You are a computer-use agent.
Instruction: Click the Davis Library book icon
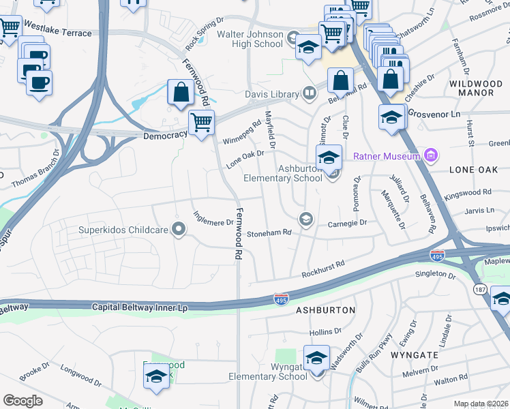pos(310,94)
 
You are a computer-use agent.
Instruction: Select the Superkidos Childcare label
pos(122,230)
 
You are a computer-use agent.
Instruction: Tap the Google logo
pos(22,401)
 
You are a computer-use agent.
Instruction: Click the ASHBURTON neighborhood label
pos(325,310)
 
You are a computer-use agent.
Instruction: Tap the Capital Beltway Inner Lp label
pos(139,308)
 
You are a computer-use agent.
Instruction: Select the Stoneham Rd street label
pos(269,232)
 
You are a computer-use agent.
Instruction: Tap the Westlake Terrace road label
pos(57,33)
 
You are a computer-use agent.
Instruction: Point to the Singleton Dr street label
pos(435,275)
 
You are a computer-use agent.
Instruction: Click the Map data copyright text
pos(481,404)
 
